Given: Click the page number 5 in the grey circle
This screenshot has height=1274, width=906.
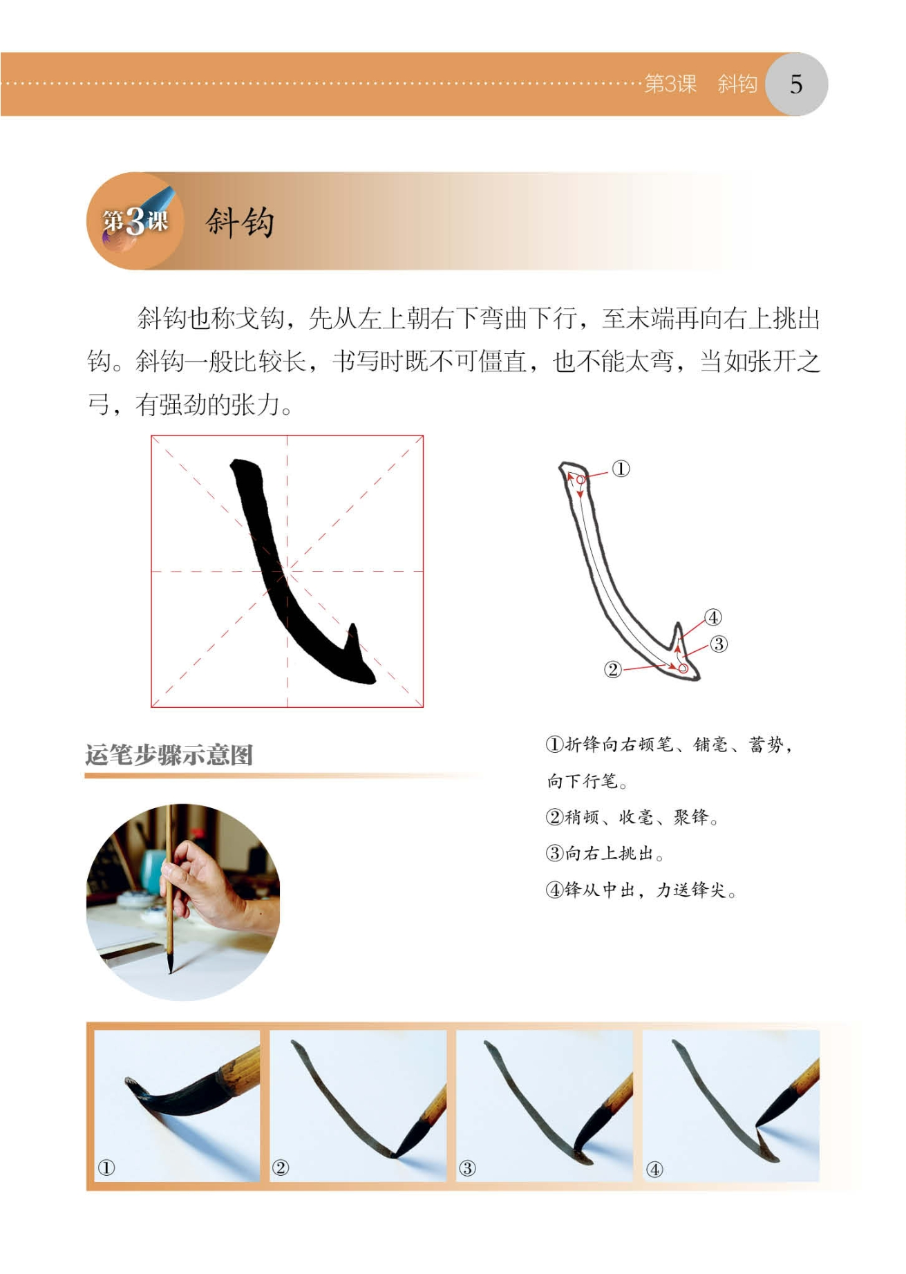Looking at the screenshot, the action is pos(796,84).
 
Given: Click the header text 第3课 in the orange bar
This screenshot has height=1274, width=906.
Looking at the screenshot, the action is pos(670,84).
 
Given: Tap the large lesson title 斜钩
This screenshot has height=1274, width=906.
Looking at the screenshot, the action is pos(240,223).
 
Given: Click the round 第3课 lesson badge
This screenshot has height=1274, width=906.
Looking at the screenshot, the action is pos(135,221).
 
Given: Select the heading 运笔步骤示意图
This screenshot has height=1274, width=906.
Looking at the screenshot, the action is pos(169,754).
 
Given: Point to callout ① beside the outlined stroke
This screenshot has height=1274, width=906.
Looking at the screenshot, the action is pos(621,469).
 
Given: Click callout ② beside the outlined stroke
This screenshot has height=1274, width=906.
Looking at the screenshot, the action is pos(612,669).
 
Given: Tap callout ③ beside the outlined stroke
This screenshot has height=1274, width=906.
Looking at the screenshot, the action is pos(719,644).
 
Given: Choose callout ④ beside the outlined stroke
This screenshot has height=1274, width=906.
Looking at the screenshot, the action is pos(712,617).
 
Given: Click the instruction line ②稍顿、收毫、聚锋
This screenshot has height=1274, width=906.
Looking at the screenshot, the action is pos(632,817).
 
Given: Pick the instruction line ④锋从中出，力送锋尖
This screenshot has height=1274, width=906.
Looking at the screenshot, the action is pos(641,890).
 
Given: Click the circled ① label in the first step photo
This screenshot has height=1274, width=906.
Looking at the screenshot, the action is pos(106,1168).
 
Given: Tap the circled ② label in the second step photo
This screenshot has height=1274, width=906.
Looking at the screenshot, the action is pos(280,1168).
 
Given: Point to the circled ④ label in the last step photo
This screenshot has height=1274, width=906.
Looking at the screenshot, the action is pos(654,1169).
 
